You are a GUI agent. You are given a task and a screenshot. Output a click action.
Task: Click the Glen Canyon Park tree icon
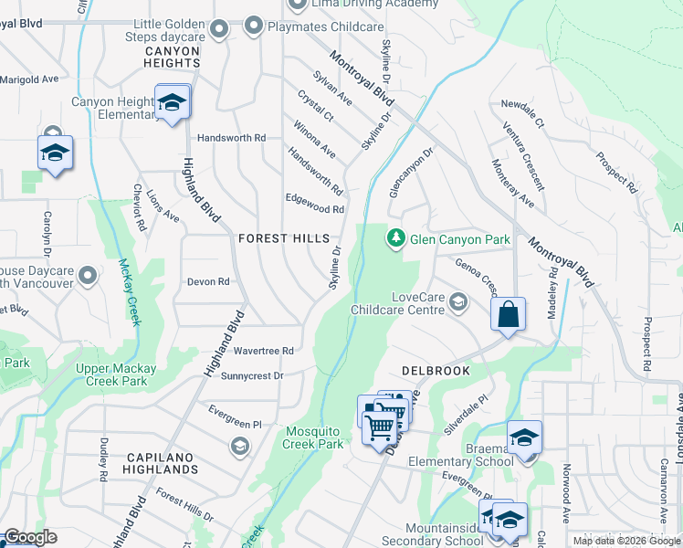tap(395, 238)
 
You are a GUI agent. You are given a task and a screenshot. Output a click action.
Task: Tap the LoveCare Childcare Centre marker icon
tap(457, 302)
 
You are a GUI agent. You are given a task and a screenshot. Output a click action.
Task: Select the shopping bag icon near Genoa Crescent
tap(509, 315)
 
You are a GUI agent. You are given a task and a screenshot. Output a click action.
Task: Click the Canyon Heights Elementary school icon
tap(172, 103)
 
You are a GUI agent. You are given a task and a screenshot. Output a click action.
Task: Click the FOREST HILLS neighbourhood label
tap(283, 238)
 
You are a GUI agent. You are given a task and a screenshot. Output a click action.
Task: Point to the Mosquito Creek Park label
tap(315, 437)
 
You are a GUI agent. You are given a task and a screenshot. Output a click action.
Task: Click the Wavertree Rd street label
tap(263, 351)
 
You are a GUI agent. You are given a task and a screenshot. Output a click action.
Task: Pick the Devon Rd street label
tap(207, 282)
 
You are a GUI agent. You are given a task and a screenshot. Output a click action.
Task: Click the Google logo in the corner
tap(29, 537)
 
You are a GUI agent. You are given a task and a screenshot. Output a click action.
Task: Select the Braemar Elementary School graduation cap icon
tap(524, 438)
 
